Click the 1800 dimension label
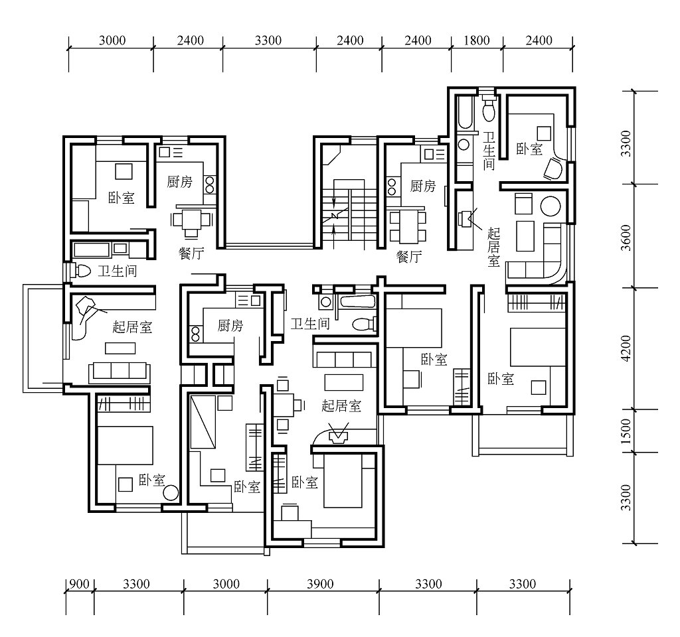click(x=477, y=40)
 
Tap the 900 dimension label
click(x=80, y=584)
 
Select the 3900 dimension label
click(x=321, y=584)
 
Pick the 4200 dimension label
click(x=626, y=348)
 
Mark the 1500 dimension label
click(x=626, y=431)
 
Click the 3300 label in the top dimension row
click(x=268, y=40)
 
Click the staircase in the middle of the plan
click(x=349, y=214)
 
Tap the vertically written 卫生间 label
click(x=489, y=151)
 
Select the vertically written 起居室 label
click(x=493, y=247)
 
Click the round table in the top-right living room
click(x=551, y=206)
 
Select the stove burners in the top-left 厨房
click(x=210, y=184)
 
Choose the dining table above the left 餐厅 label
click(x=191, y=220)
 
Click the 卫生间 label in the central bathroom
click(x=310, y=324)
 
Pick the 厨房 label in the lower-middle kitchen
click(x=230, y=325)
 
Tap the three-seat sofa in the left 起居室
click(x=120, y=372)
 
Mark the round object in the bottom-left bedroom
click(x=171, y=493)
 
